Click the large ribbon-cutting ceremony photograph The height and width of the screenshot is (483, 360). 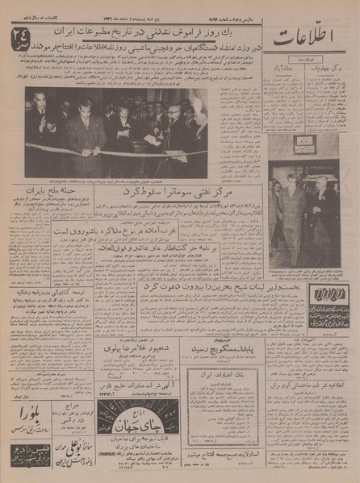point(115,131)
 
